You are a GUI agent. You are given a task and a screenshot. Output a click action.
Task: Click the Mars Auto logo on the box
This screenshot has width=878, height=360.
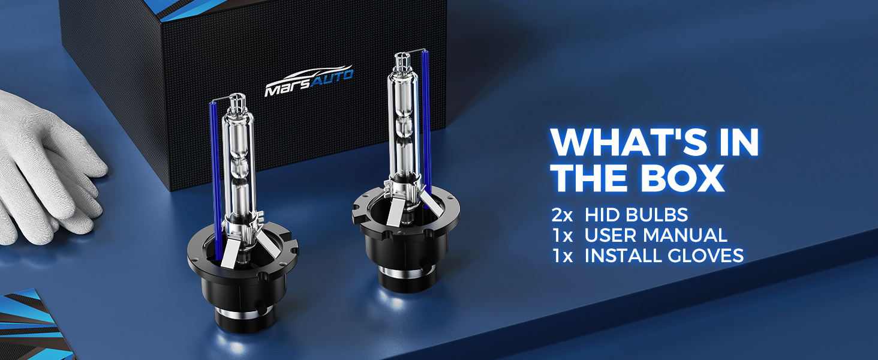[309, 81]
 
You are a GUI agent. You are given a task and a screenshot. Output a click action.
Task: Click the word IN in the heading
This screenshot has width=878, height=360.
[739, 142]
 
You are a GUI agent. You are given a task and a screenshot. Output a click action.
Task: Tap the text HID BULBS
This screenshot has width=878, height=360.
[636, 215]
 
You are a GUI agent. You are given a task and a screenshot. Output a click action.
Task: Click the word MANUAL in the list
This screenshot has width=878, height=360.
[685, 235]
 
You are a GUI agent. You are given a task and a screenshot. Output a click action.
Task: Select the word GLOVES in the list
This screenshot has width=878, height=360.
[705, 255]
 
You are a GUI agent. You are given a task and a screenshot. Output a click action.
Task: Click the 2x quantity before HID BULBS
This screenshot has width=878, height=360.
[562, 215]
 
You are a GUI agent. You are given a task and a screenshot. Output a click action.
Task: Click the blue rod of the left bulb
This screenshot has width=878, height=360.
[215, 181]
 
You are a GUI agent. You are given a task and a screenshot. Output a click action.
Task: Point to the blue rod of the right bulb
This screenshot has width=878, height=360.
[426, 124]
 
